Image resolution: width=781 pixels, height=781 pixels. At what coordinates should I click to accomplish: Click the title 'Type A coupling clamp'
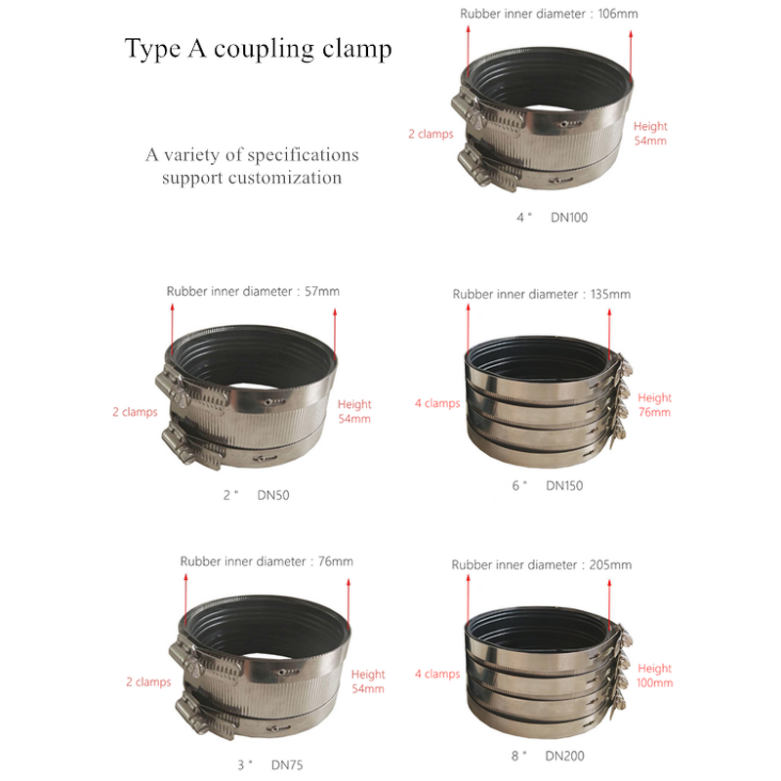(x=258, y=49)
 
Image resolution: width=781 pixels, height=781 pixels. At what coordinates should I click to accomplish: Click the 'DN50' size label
(x=273, y=495)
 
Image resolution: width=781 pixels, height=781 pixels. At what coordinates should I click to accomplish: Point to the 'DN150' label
(x=564, y=485)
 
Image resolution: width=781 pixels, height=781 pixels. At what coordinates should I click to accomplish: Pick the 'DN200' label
(x=565, y=756)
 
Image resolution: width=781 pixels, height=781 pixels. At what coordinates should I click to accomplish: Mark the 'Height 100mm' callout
(x=654, y=676)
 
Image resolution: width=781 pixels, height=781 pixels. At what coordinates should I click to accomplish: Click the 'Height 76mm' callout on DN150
(x=654, y=405)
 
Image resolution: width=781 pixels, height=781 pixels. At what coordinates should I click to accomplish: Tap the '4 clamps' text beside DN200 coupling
(x=436, y=674)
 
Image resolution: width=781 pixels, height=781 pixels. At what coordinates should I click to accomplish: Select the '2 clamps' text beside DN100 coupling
(x=431, y=134)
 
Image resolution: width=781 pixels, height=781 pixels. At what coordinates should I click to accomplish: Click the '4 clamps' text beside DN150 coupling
(x=436, y=403)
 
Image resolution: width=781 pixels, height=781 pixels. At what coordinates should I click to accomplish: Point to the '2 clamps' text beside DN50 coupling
(x=134, y=412)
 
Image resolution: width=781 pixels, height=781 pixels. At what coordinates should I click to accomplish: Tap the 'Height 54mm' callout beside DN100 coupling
(x=650, y=134)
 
